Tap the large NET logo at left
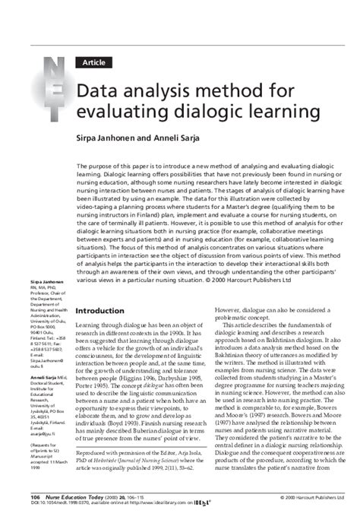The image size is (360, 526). (x=57, y=95)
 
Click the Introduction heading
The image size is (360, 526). (x=106, y=311)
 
